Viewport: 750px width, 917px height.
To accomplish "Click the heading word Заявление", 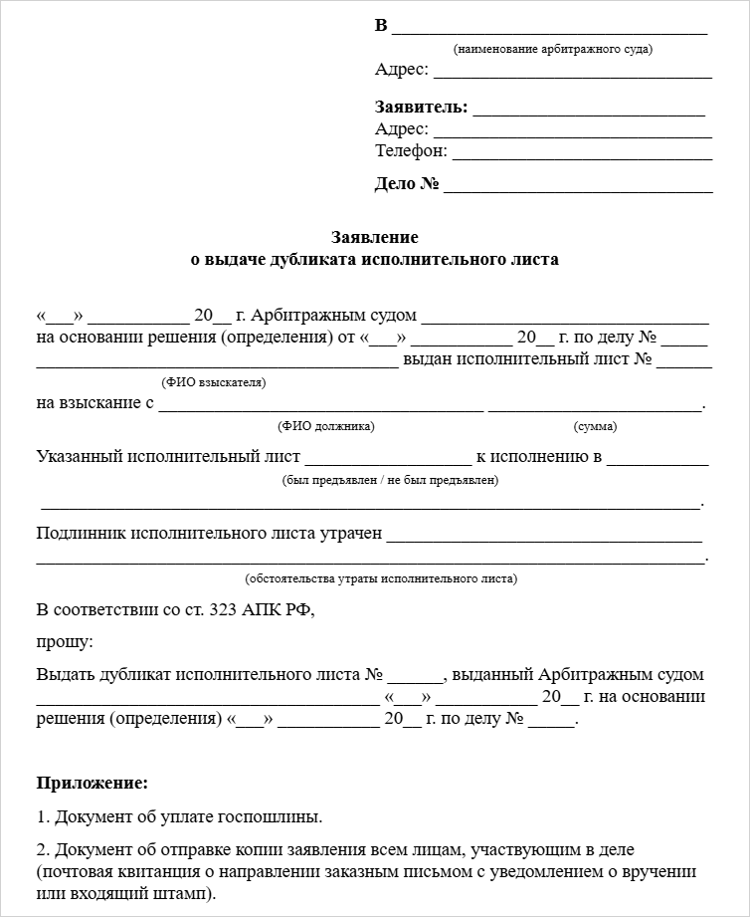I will point(374,238).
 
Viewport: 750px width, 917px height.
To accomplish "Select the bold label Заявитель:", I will point(421,108).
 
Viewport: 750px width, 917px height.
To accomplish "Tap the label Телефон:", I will point(411,151).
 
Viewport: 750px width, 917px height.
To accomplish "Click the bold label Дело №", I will point(407,184).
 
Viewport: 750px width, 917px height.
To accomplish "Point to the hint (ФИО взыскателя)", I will point(214,382).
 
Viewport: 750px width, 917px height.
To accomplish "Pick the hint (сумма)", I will point(595,426).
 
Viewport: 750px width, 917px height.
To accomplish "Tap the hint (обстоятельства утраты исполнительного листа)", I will point(380,578).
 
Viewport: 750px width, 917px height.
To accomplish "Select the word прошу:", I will point(65,642).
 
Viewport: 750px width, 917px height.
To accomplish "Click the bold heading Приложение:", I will point(92,783).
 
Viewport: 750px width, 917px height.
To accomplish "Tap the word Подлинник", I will point(82,534).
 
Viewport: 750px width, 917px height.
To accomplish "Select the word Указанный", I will point(79,457).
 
